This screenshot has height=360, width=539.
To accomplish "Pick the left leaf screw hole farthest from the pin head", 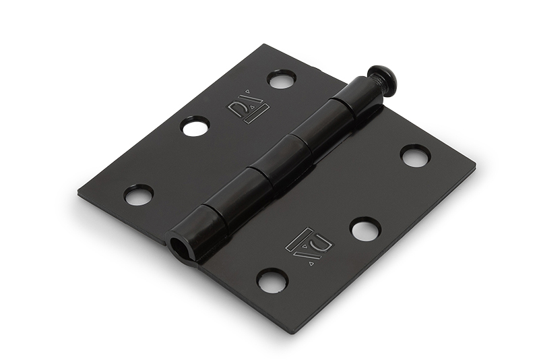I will tap(138, 195).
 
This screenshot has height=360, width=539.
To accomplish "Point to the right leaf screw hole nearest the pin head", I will tap(415, 156).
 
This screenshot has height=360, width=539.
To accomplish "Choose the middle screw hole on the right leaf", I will tap(365, 229).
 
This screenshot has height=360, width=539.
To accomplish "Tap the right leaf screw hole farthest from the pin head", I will tap(272, 279).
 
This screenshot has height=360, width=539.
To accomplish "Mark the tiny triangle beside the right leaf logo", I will tap(311, 264).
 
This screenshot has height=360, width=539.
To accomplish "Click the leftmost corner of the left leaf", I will tap(79, 196).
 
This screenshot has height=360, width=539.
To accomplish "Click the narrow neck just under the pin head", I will tap(369, 86).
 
